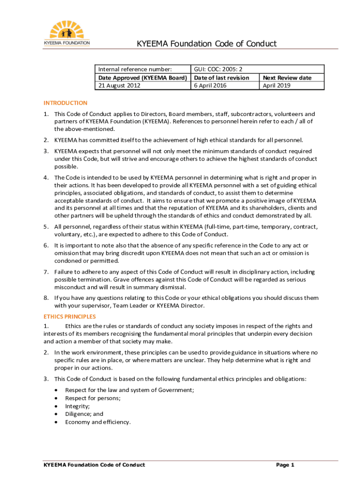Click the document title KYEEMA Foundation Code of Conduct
pos(206,44)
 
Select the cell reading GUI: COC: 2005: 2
pos(218,69)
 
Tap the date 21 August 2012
pos(119,86)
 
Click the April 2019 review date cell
pos(276,86)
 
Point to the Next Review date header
pos(287,78)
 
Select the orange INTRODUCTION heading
pos(65,103)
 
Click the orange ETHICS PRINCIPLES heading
pos(70,317)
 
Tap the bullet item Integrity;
pos(78,406)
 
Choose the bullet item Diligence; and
pos(84,414)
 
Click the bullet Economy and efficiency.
pos(98,422)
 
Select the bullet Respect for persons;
pos(93,398)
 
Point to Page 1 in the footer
pos(285,465)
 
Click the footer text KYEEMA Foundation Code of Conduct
pos(94,465)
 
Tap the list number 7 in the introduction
pos(46,272)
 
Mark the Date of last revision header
pos(222,78)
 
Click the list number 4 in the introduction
pos(46,177)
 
